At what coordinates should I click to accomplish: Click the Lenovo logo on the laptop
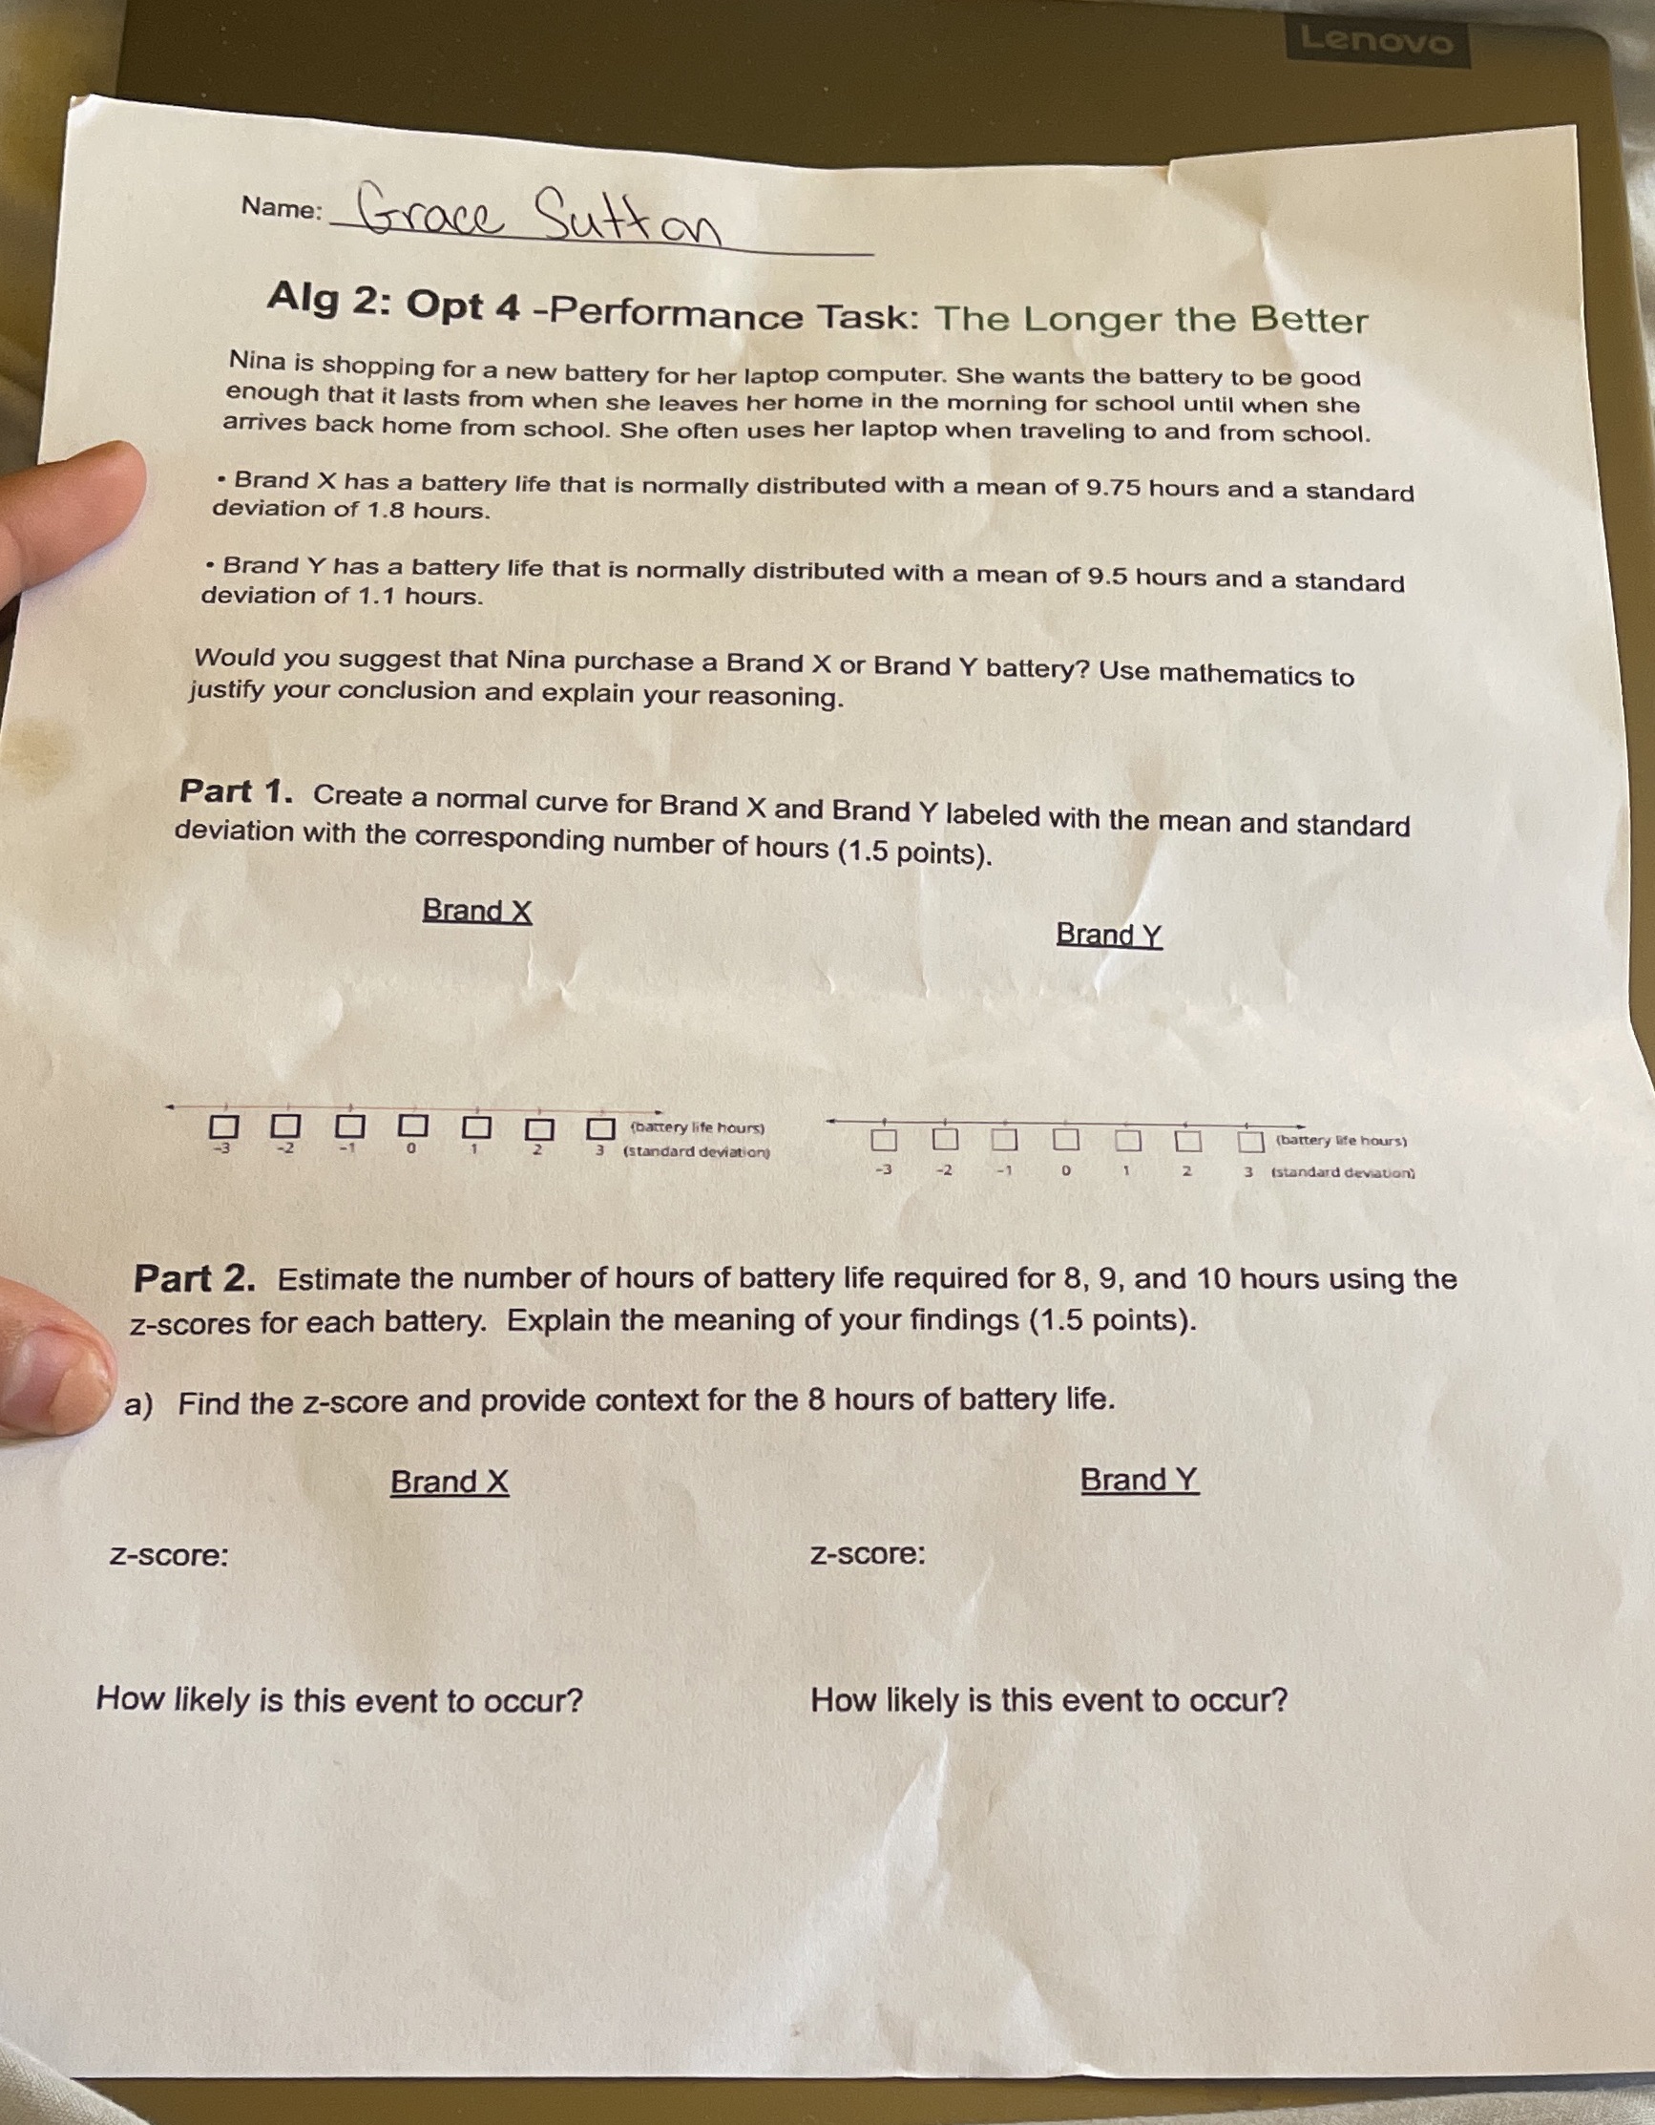pos(1377,41)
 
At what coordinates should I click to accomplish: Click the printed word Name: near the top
pos(282,208)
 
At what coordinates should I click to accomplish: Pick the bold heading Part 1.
pos(236,792)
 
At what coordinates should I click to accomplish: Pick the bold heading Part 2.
pos(195,1278)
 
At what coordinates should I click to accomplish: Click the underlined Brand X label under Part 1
pos(477,911)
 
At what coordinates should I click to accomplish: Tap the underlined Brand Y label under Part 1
pos(1108,934)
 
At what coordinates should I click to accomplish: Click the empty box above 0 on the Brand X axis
pos(412,1126)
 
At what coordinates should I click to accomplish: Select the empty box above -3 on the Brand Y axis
pos(883,1138)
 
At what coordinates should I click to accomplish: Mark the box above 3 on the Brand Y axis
pos(1250,1141)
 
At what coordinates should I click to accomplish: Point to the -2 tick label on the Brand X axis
pos(284,1149)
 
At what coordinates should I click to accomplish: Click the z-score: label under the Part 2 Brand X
pos(169,1555)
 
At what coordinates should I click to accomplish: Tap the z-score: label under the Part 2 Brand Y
pos(868,1554)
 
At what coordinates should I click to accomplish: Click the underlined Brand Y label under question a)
pos(1140,1480)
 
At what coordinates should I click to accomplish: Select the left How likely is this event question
pos(339,1700)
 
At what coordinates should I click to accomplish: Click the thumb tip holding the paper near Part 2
pos(58,1377)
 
